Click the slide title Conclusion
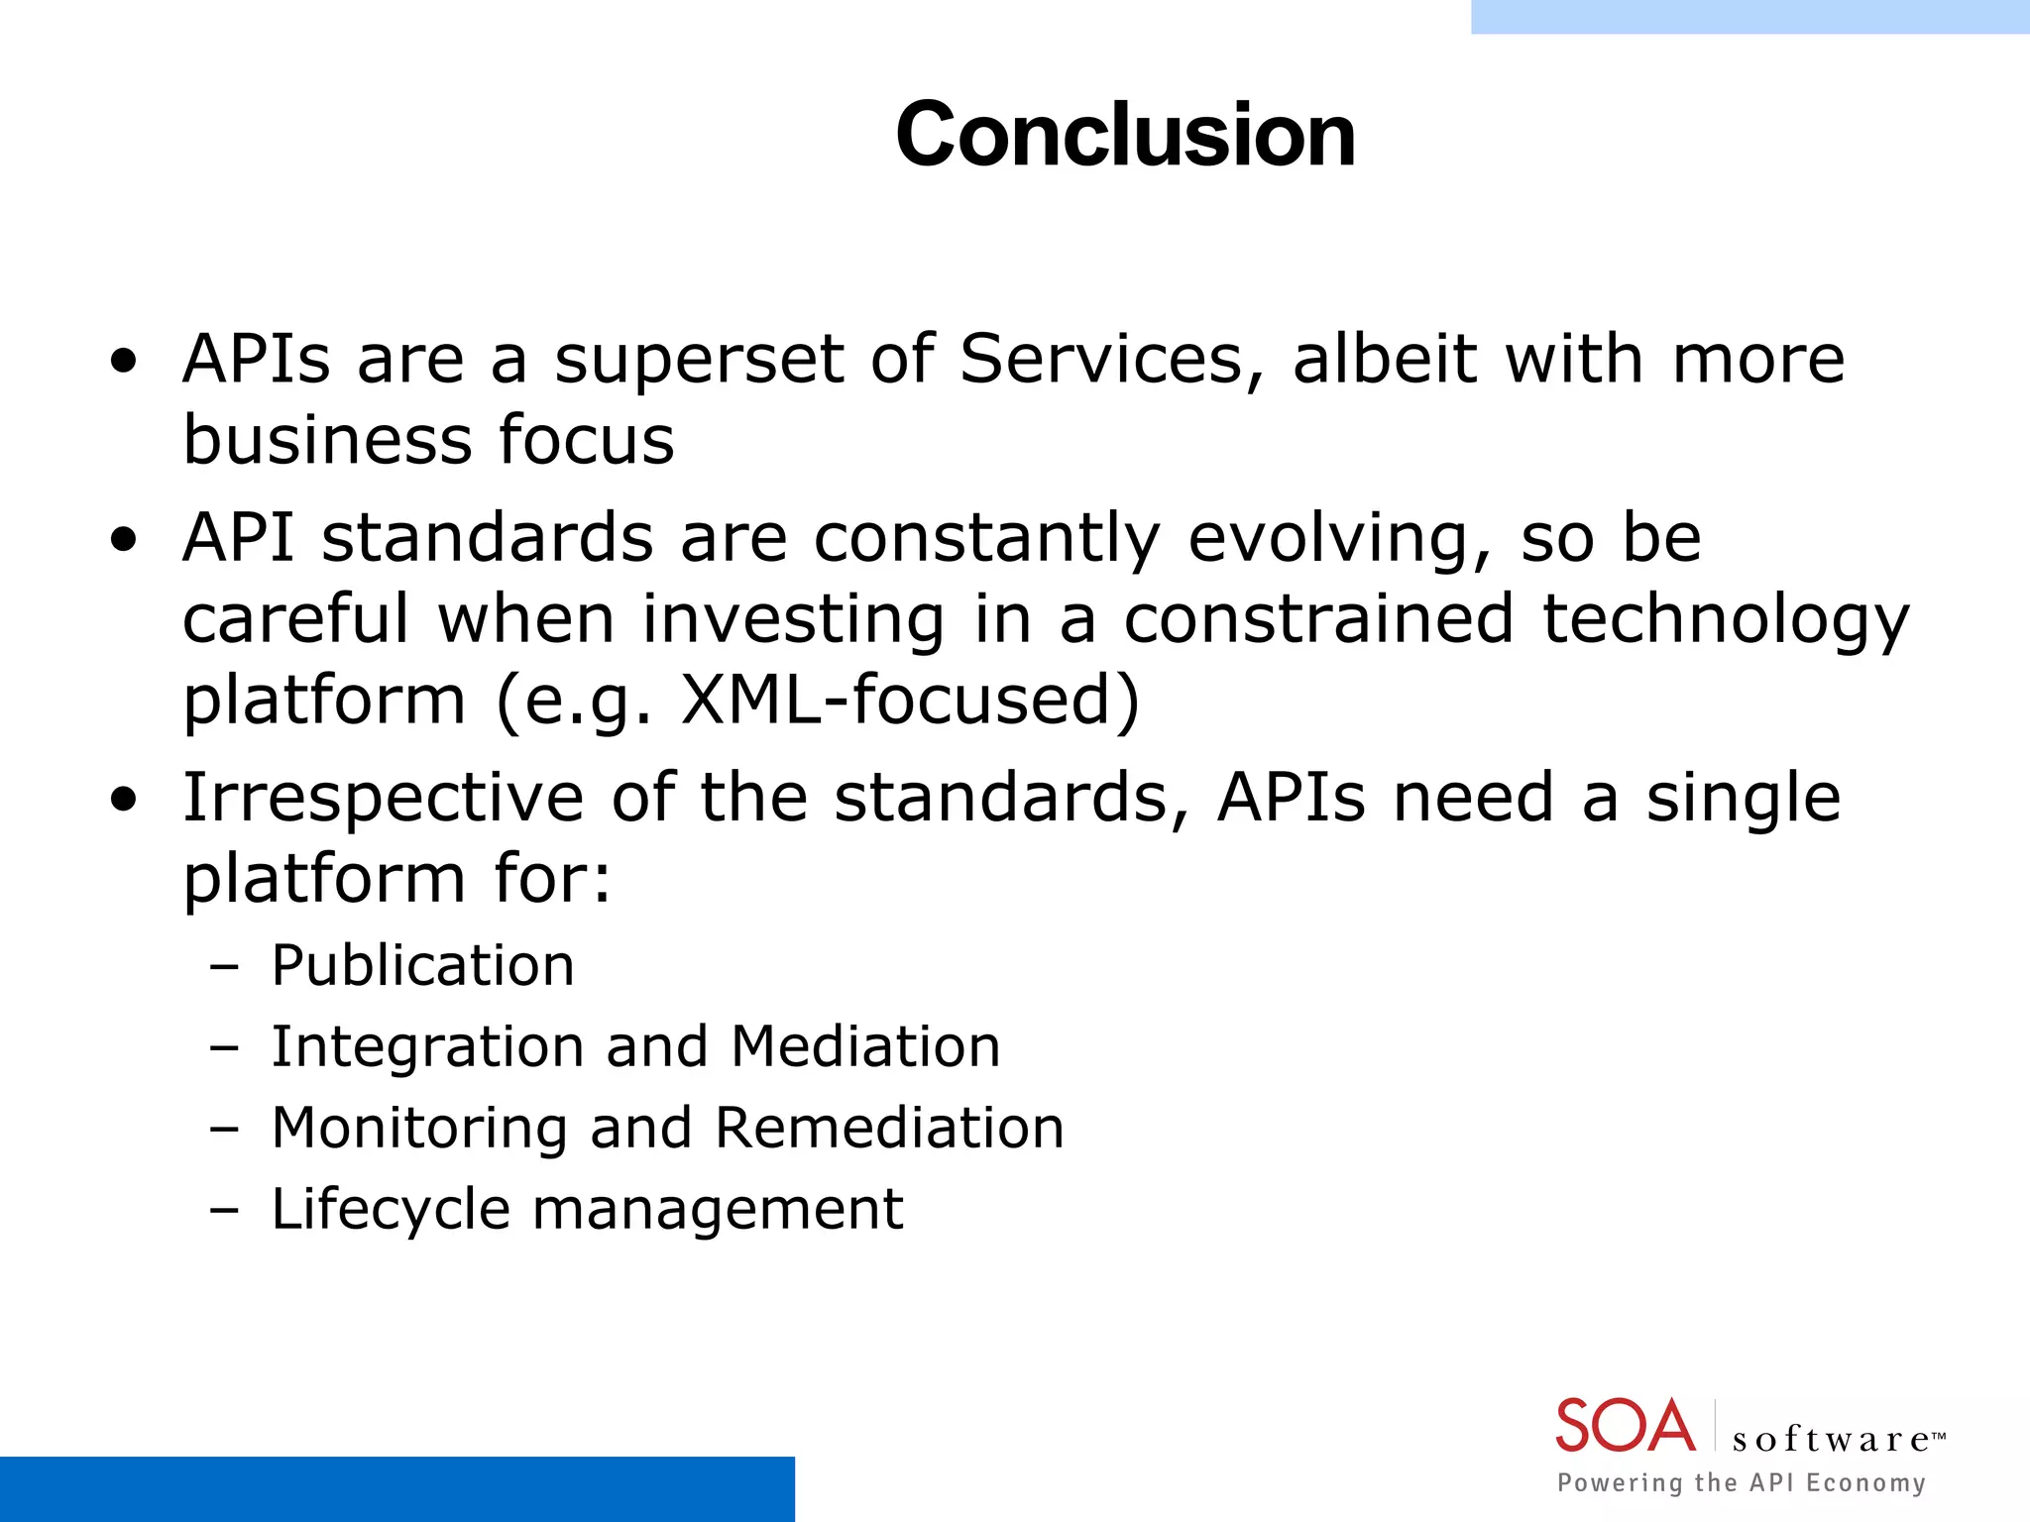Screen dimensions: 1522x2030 pyautogui.click(x=1125, y=135)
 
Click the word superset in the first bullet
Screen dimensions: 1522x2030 pyautogui.click(x=699, y=360)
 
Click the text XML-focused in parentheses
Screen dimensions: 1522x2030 pyautogui.click(x=909, y=700)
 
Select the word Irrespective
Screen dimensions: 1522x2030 pyautogui.click(x=383, y=800)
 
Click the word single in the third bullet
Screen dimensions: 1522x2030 pyautogui.click(x=1743, y=800)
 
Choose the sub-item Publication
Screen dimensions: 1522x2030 pyautogui.click(x=422, y=965)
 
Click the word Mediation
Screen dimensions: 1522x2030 pyautogui.click(x=865, y=1046)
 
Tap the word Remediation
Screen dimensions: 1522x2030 pyautogui.click(x=889, y=1128)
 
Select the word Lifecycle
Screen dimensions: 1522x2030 pyautogui.click(x=390, y=1210)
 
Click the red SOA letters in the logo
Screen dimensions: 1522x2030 pyautogui.click(x=1626, y=1426)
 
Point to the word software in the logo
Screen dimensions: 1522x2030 pyautogui.click(x=1830, y=1439)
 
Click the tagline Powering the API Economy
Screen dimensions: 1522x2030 pyautogui.click(x=1741, y=1482)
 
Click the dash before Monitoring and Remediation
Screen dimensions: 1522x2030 pyautogui.click(x=225, y=1129)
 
